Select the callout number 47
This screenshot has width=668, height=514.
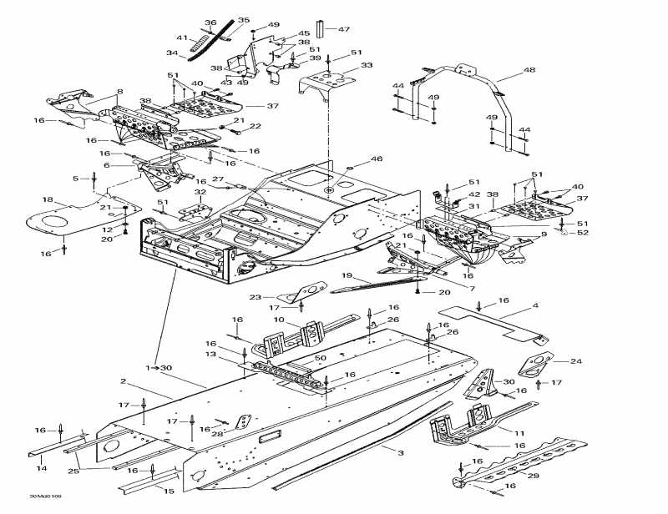click(343, 29)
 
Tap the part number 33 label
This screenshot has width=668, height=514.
click(367, 65)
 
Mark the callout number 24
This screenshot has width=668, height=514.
click(574, 361)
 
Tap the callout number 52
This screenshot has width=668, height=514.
click(583, 233)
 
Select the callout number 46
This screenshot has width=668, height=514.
click(377, 159)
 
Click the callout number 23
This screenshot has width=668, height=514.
click(255, 296)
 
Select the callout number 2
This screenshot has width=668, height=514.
click(123, 381)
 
